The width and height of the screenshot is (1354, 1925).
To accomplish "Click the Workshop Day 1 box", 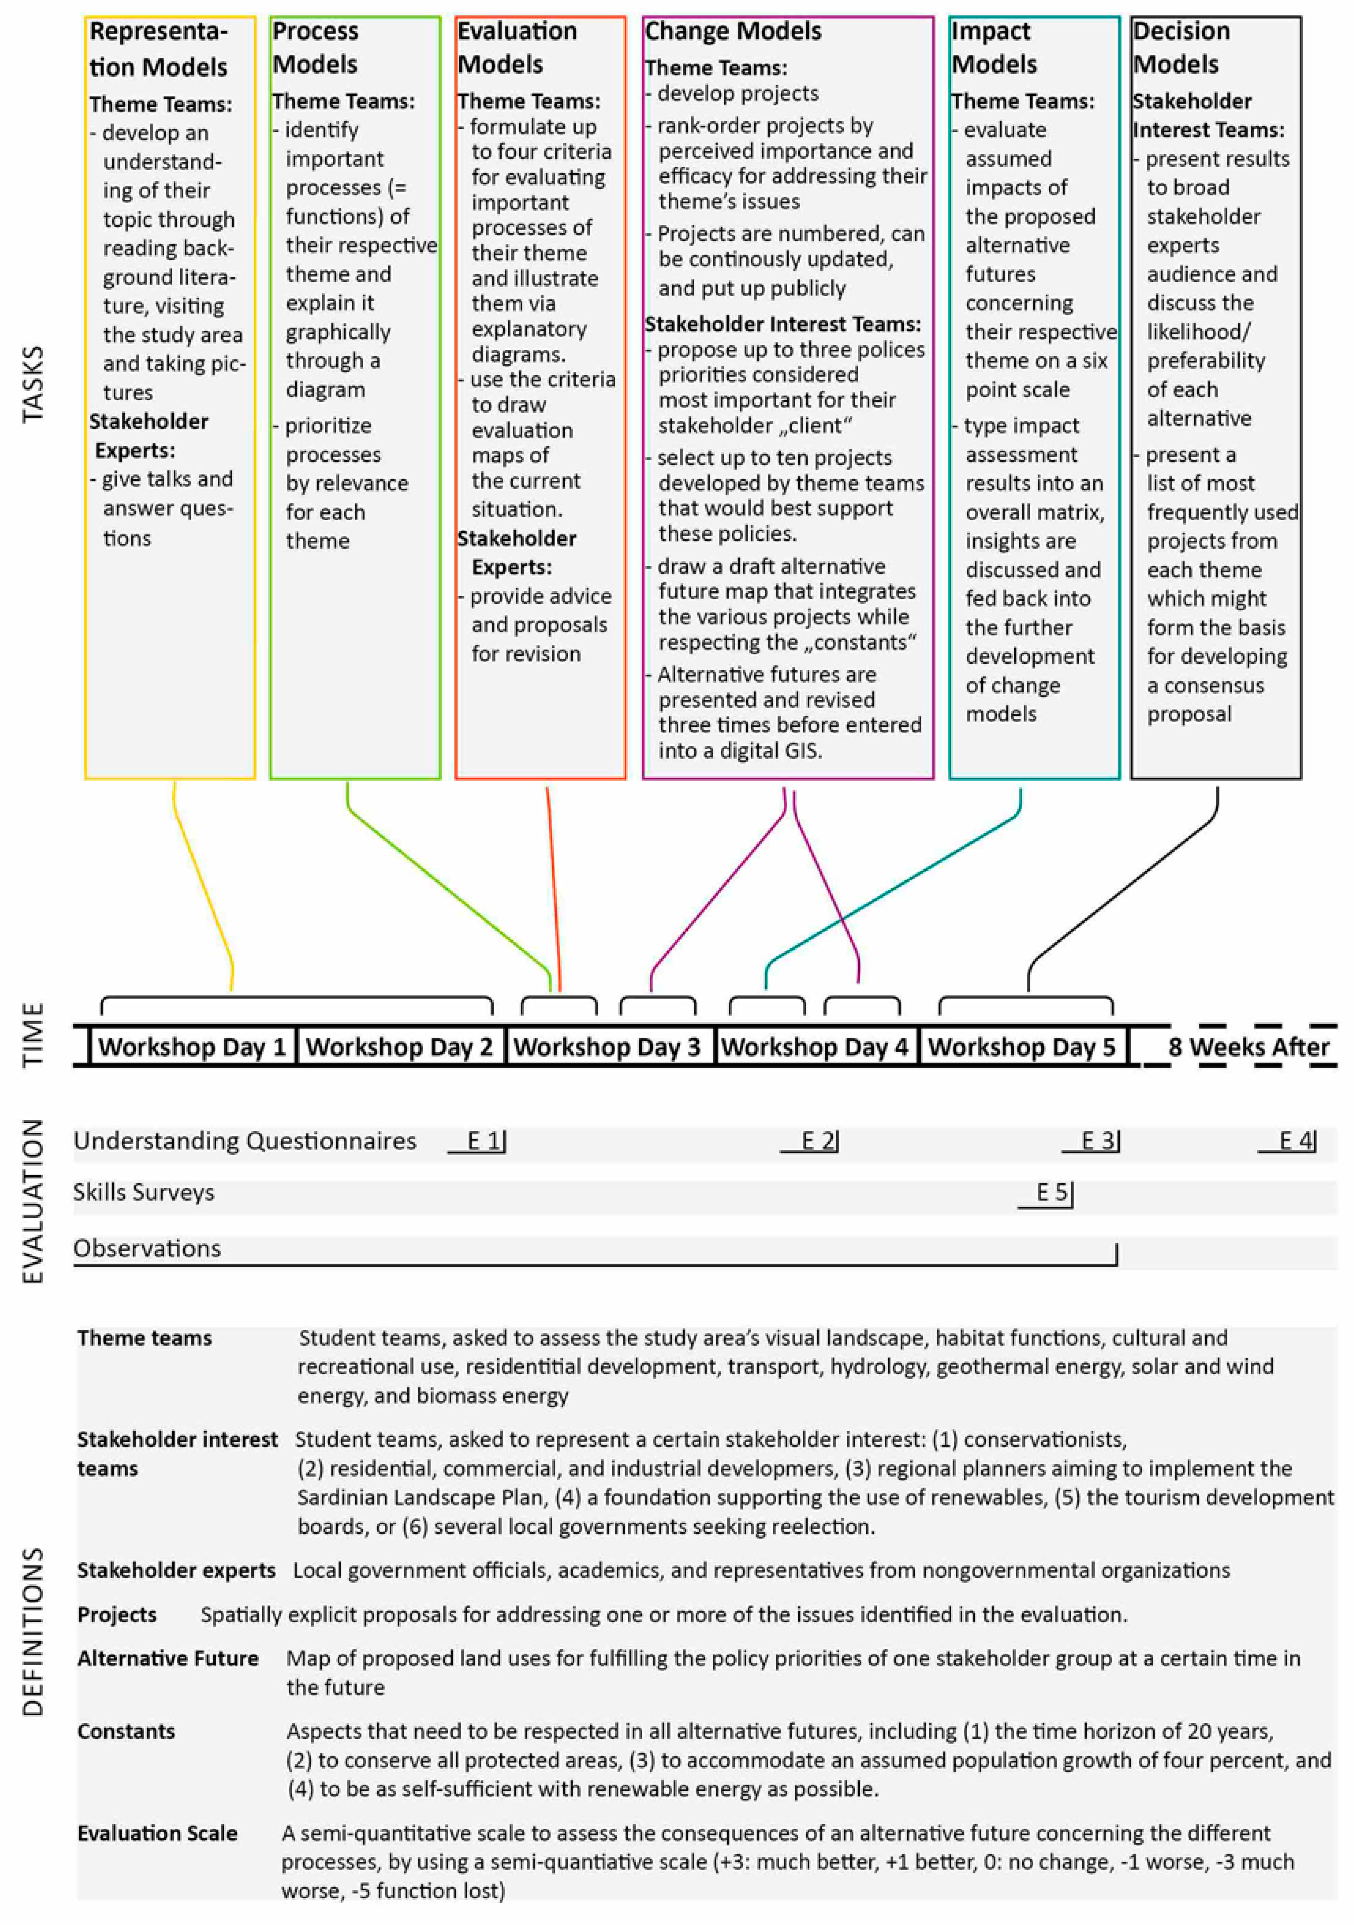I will (192, 1046).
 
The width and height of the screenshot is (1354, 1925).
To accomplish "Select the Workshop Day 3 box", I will (607, 1046).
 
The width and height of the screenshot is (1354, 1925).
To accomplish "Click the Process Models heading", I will (315, 48).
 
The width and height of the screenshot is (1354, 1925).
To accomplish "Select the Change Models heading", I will (733, 31).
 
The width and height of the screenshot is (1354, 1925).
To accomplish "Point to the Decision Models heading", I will (1180, 48).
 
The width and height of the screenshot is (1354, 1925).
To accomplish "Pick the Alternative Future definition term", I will (168, 1657).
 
